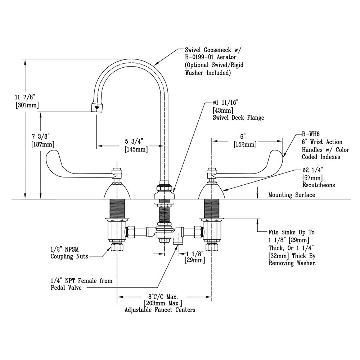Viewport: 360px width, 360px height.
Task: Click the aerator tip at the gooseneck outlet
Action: pos(96,107)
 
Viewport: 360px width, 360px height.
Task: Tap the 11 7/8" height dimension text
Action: pos(26,97)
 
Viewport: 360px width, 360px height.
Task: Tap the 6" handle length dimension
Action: pos(243,136)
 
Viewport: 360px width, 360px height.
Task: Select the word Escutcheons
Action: pos(318,185)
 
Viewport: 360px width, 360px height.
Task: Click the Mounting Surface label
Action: pos(292,195)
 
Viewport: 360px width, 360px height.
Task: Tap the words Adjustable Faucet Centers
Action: pos(160,310)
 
